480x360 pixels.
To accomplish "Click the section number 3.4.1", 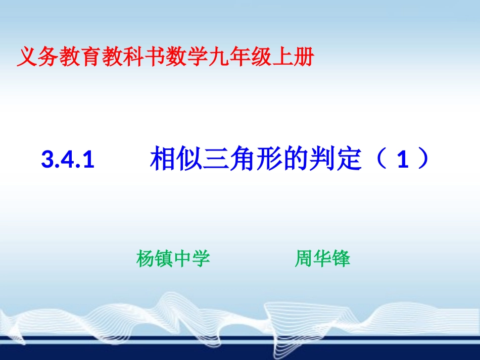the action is pyautogui.click(x=68, y=160).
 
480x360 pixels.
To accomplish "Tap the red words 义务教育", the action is pyautogui.click(x=59, y=57).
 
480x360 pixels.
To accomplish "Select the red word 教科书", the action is pyautogui.click(x=133, y=57).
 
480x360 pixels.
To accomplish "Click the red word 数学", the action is pyautogui.click(x=186, y=57).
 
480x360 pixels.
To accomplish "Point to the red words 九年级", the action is pyautogui.click(x=239, y=57).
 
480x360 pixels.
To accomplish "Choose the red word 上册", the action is pyautogui.click(x=293, y=57).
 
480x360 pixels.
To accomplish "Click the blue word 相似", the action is pyautogui.click(x=176, y=158).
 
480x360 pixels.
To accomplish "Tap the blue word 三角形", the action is pyautogui.click(x=242, y=158).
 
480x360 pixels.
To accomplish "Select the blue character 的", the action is pyautogui.click(x=295, y=158).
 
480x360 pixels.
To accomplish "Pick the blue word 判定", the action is pyautogui.click(x=335, y=158).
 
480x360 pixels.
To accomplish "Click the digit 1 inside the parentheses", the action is pyautogui.click(x=403, y=160).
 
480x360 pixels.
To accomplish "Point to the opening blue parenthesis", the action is pyautogui.click(x=382, y=158).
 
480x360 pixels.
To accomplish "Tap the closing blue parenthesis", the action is pyautogui.click(x=423, y=158).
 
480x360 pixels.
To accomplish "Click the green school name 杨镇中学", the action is pyautogui.click(x=173, y=259).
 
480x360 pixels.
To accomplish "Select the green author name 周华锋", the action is pyautogui.click(x=323, y=259).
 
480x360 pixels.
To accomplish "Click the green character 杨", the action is pyautogui.click(x=146, y=259).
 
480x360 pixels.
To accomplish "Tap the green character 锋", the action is pyautogui.click(x=341, y=259).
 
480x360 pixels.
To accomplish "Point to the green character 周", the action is pyautogui.click(x=304, y=259).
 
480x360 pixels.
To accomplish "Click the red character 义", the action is pyautogui.click(x=27, y=57).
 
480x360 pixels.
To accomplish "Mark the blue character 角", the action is pyautogui.click(x=242, y=158).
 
